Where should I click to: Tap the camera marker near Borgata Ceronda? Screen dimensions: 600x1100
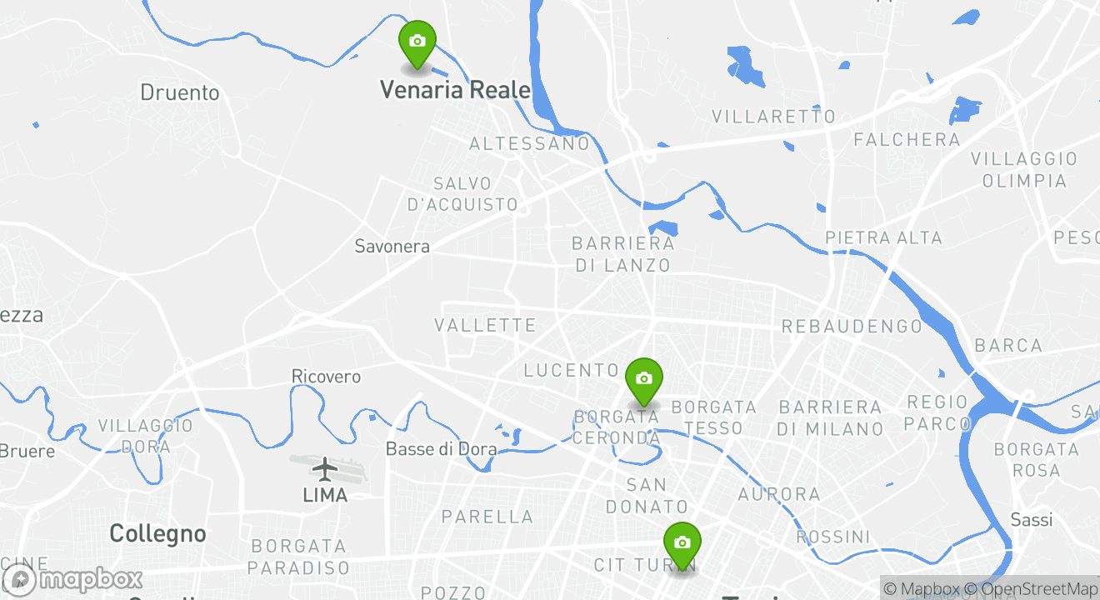pyautogui.click(x=643, y=379)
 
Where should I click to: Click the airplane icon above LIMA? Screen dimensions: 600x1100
pyautogui.click(x=325, y=468)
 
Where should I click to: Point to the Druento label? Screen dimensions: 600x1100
pyautogui.click(x=179, y=92)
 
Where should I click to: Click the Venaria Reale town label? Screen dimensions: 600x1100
pyautogui.click(x=455, y=90)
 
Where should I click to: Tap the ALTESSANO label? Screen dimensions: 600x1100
pyautogui.click(x=529, y=144)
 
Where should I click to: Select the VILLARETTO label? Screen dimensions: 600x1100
pyautogui.click(x=773, y=117)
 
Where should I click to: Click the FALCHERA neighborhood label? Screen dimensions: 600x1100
pyautogui.click(x=907, y=140)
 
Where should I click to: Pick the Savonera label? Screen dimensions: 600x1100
pyautogui.click(x=392, y=247)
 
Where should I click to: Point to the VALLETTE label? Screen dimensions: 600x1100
pyautogui.click(x=485, y=325)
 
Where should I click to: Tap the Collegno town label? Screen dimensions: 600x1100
pyautogui.click(x=157, y=533)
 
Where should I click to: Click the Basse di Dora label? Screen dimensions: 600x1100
pyautogui.click(x=441, y=450)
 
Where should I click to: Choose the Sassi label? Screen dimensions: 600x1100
pyautogui.click(x=1031, y=520)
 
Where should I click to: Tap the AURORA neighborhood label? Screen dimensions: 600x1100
pyautogui.click(x=779, y=495)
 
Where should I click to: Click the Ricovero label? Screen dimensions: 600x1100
pyautogui.click(x=326, y=377)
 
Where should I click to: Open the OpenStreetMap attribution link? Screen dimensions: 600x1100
pyautogui.click(x=1037, y=589)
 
